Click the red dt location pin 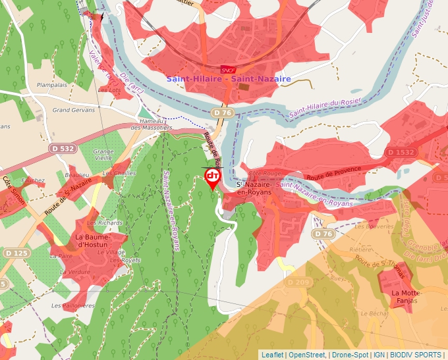(x=213, y=177)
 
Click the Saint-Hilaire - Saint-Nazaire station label (x=228, y=79)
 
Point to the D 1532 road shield (x=401, y=153)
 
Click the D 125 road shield (x=16, y=253)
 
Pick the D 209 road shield (x=298, y=282)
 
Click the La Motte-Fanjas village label (x=405, y=297)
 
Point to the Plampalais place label (x=52, y=85)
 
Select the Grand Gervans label (x=74, y=110)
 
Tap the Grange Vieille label (x=103, y=155)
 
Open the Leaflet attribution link (x=272, y=355)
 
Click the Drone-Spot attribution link (x=350, y=355)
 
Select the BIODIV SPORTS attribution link (x=416, y=355)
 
